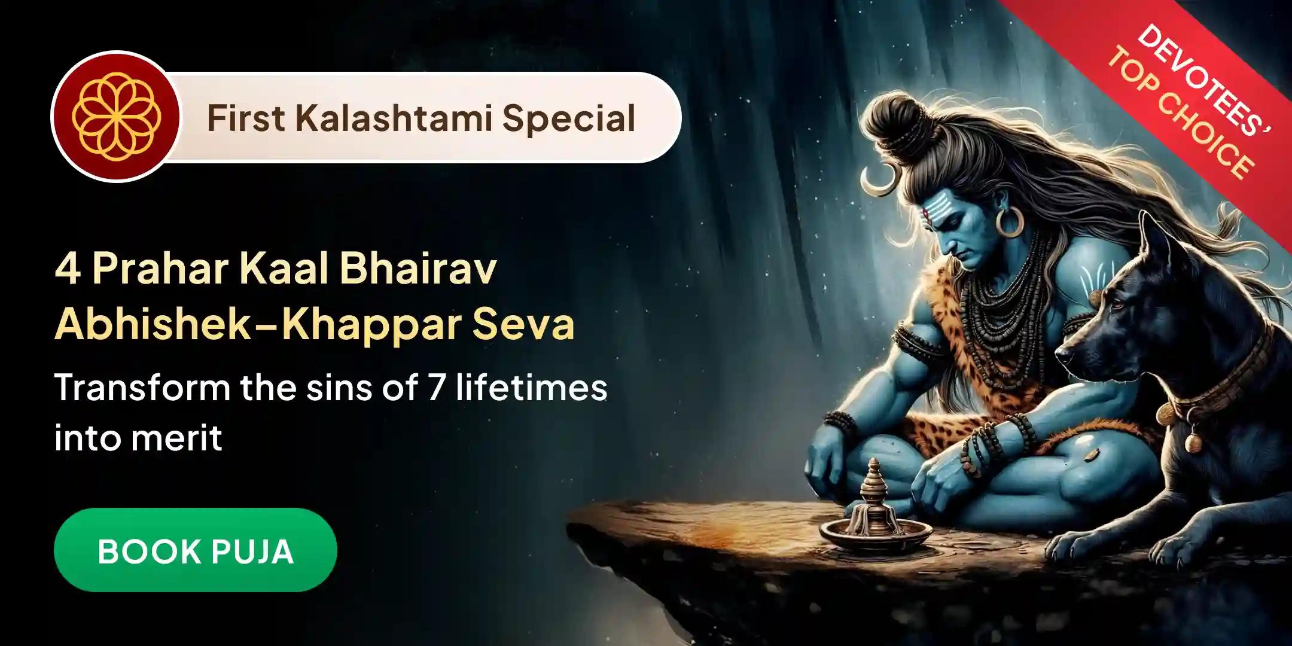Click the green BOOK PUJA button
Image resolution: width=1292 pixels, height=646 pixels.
click(195, 550)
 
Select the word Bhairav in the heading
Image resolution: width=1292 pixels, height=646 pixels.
click(418, 271)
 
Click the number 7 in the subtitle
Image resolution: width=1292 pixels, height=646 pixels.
click(435, 388)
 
